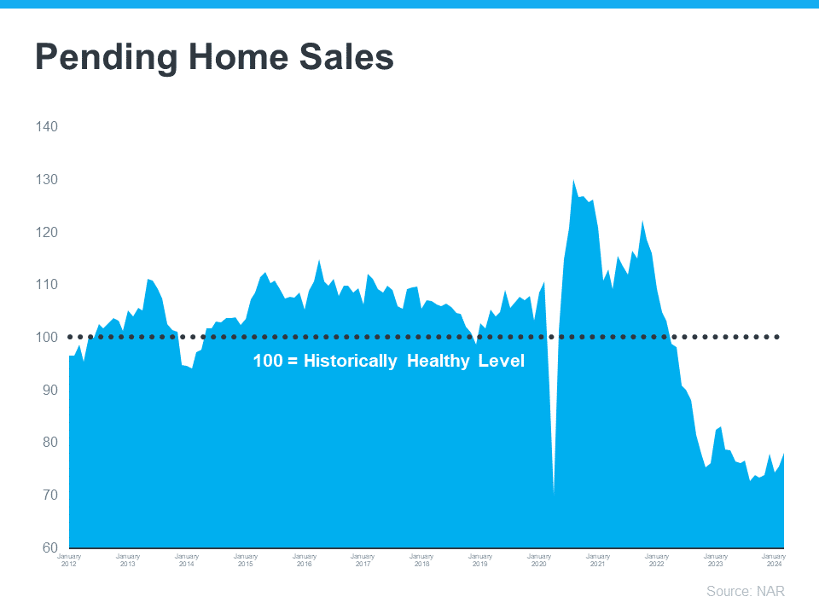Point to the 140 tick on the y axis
tap(46, 127)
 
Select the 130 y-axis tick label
tap(46, 180)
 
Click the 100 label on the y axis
tap(46, 337)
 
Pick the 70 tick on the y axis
tap(46, 495)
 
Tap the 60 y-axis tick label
tap(46, 547)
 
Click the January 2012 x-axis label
tap(69, 559)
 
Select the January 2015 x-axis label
tap(246, 559)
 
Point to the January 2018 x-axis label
tap(421, 559)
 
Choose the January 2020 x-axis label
tap(539, 559)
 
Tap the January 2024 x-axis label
tap(773, 559)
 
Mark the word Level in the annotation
tap(504, 362)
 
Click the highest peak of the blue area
tap(574, 180)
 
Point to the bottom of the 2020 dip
tap(555, 493)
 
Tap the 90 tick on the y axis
tap(46, 390)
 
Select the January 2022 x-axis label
tap(656, 559)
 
